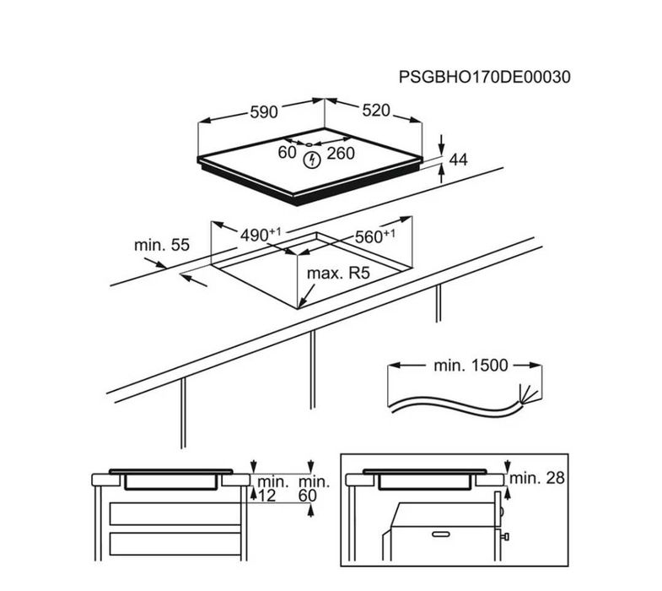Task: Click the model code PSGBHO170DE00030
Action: click(484, 77)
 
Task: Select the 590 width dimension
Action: click(264, 112)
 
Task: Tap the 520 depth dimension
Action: click(376, 111)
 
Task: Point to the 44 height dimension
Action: click(459, 160)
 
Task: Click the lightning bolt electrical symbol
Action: click(312, 160)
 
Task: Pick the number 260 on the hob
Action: click(341, 154)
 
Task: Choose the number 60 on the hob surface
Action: click(287, 153)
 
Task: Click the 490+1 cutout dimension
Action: click(260, 235)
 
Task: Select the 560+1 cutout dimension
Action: click(375, 236)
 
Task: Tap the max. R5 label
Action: click(338, 274)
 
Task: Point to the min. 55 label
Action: click(162, 245)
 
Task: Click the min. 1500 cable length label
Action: click(471, 366)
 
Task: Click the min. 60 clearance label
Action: click(314, 489)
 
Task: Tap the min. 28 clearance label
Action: click(537, 478)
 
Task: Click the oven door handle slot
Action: click(440, 534)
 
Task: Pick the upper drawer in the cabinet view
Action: click(175, 513)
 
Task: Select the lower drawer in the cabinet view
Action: click(175, 544)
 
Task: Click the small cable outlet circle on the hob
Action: click(309, 144)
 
